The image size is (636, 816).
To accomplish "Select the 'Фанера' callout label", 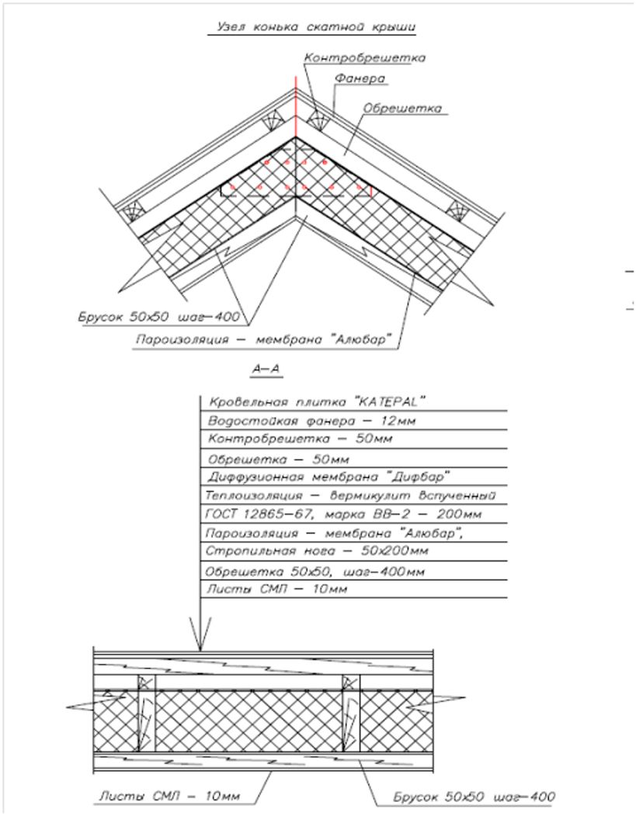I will (x=360, y=78).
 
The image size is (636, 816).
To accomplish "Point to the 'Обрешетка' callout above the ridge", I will (x=403, y=109).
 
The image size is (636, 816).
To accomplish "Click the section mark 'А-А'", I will (x=266, y=370).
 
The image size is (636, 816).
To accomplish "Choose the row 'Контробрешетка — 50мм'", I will (x=300, y=439).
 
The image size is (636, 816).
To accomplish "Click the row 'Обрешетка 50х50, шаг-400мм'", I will (x=315, y=571).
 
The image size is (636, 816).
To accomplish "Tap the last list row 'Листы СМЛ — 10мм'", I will (x=276, y=589).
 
